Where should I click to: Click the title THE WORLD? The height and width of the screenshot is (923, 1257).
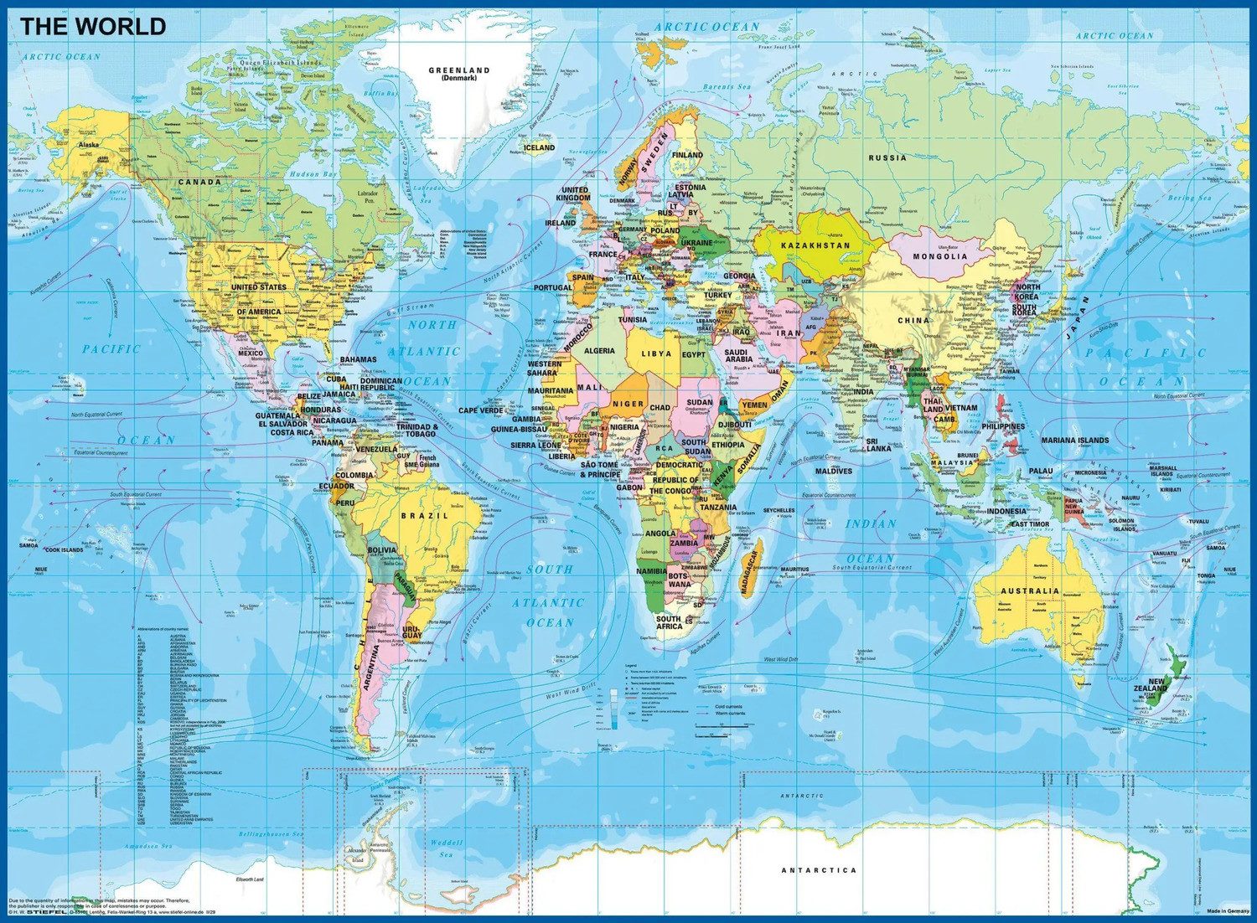point(93,26)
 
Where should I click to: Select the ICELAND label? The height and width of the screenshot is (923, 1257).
point(539,147)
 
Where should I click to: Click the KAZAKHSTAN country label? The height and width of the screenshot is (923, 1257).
point(815,245)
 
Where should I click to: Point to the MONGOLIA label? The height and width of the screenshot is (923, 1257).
point(939,255)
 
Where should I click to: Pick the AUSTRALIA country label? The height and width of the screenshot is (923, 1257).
point(1029,590)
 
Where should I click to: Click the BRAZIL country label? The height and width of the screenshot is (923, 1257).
point(424,516)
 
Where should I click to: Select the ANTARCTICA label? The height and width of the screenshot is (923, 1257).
point(819,870)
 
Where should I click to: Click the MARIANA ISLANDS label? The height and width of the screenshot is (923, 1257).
point(1074,440)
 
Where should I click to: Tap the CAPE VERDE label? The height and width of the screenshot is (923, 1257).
point(480,410)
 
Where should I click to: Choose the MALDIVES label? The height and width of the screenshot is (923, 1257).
point(833,472)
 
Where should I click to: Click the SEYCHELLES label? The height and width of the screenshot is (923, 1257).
point(779,510)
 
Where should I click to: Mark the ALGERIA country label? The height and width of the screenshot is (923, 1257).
point(599,351)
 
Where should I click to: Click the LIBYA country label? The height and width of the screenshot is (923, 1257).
point(656,353)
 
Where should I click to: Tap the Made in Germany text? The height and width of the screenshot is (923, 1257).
point(1228,910)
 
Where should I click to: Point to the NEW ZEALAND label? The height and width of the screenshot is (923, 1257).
point(1157,684)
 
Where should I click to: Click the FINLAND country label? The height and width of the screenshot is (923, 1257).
point(687,155)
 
